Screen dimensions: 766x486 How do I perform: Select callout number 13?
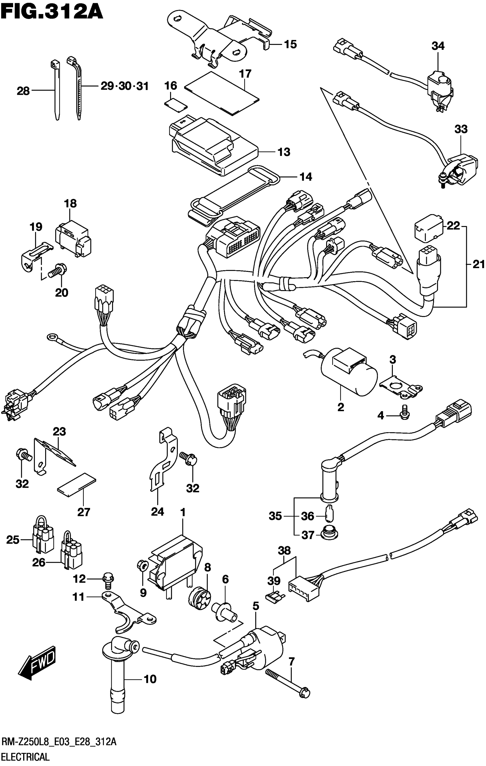[284, 152]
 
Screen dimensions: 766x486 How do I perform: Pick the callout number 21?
[478, 264]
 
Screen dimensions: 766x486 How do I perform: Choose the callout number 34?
[438, 46]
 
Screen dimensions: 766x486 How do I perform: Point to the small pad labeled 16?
[175, 104]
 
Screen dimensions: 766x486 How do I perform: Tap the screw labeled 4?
[405, 412]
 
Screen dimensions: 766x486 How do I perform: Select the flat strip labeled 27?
[76, 484]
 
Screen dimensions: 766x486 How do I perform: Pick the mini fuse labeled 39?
[274, 600]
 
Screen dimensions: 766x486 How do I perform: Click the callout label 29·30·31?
[125, 86]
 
